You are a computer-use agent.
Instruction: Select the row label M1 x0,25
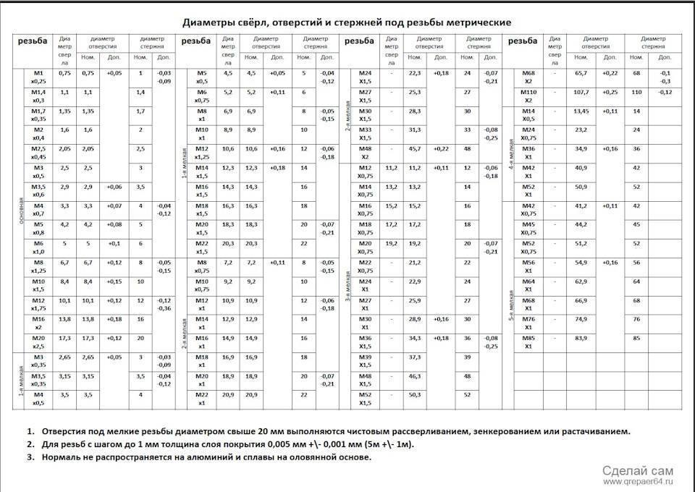point(39,77)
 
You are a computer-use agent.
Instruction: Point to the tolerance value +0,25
point(610,92)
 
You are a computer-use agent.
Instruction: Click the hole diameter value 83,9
point(581,337)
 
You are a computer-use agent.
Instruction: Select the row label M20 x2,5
point(39,341)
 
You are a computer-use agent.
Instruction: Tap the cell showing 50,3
point(415,394)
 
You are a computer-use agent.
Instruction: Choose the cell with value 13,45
point(581,111)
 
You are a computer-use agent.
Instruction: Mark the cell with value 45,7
point(415,148)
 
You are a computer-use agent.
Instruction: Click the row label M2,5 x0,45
point(39,153)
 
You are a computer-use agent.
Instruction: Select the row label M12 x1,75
point(39,303)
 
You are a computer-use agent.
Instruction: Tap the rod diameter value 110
point(637,92)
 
